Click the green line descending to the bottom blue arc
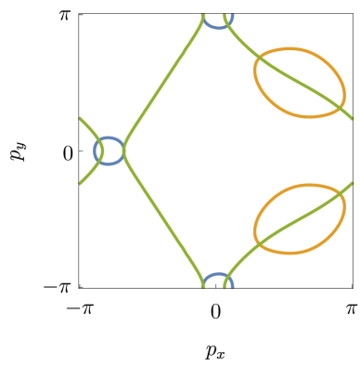click(162, 214)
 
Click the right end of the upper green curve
click(353, 120)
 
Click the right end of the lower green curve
click(353, 182)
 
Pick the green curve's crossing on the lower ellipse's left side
click(261, 247)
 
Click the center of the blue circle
click(109, 150)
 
